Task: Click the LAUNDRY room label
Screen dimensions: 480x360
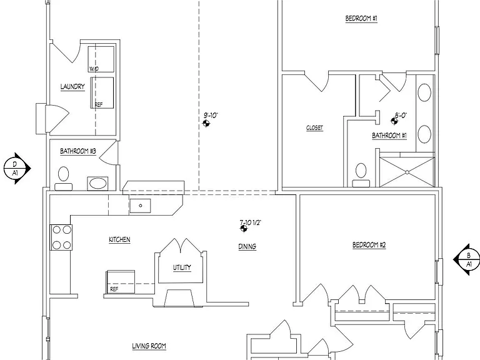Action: pyautogui.click(x=72, y=87)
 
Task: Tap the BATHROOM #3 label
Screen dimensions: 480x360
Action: pyautogui.click(x=77, y=151)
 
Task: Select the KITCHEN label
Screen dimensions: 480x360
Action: pyautogui.click(x=119, y=239)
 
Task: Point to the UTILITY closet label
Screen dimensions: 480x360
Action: pyautogui.click(x=182, y=267)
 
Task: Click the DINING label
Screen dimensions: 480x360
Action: pyautogui.click(x=247, y=246)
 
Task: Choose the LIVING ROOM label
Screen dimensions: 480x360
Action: pyautogui.click(x=149, y=346)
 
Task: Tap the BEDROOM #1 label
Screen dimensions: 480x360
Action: pyautogui.click(x=361, y=18)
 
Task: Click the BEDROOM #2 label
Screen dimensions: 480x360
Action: pyautogui.click(x=369, y=245)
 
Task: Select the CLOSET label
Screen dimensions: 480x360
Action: pyautogui.click(x=314, y=128)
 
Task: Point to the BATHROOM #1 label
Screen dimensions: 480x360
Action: pyautogui.click(x=389, y=136)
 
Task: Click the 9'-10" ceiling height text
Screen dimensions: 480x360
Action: pyautogui.click(x=211, y=116)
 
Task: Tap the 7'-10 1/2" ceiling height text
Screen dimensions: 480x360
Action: pyautogui.click(x=250, y=222)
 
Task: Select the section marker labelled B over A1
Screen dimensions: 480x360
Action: pyautogui.click(x=466, y=259)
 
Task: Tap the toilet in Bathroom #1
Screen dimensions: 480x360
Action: pyautogui.click(x=361, y=175)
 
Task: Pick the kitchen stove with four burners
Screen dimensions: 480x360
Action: pyautogui.click(x=61, y=237)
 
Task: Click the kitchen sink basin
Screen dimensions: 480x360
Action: pyautogui.click(x=140, y=206)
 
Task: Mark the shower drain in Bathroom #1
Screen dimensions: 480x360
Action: pyautogui.click(x=407, y=172)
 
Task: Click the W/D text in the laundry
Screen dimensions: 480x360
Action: pyautogui.click(x=94, y=69)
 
